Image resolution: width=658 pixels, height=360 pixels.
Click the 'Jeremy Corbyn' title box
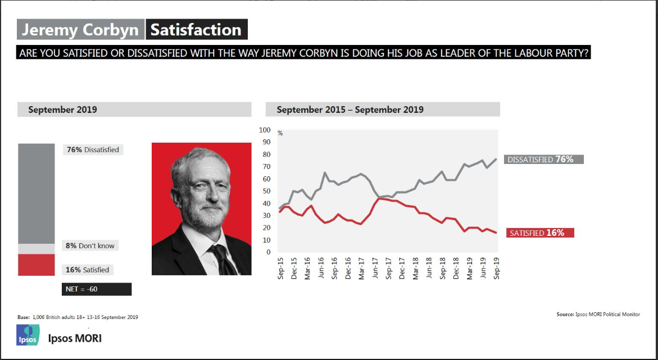point(80,30)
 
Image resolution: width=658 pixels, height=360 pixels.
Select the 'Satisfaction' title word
point(196,30)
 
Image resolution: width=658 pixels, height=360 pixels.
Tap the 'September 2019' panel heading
point(62,110)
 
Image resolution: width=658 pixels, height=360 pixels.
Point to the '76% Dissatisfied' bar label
point(93,150)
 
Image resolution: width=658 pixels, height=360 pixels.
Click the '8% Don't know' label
point(90,245)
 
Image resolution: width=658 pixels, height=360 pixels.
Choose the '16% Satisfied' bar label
point(88,270)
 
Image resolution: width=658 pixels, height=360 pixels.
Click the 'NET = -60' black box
point(96,289)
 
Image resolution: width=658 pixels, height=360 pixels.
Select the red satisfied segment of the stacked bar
point(36,265)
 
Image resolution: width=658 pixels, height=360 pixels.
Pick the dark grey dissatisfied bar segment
point(36,194)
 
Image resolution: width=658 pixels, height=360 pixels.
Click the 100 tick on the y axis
point(265,130)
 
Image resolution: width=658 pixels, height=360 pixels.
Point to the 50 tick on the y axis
point(266,191)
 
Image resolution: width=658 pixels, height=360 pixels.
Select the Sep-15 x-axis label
point(280,268)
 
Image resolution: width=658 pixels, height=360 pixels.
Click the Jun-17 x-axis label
point(375,268)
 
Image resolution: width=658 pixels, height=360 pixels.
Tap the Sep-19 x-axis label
point(497,268)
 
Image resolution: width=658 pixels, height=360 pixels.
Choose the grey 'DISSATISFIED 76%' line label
point(544,160)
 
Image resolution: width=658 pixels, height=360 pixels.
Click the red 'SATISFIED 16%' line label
point(540,233)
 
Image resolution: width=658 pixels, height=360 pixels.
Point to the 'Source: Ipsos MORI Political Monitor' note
point(598,315)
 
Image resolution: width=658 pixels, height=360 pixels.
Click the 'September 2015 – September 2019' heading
point(350,110)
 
